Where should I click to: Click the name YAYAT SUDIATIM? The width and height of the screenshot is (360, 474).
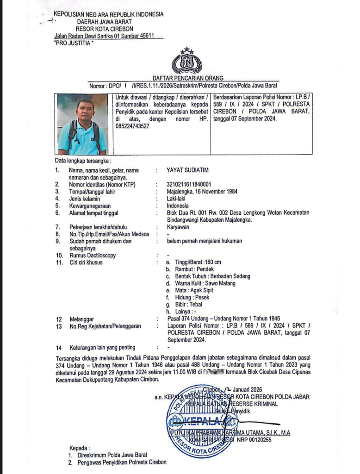click(189, 170)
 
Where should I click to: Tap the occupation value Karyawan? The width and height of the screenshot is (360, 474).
click(178, 227)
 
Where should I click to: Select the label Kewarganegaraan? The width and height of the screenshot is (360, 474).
click(93, 206)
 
